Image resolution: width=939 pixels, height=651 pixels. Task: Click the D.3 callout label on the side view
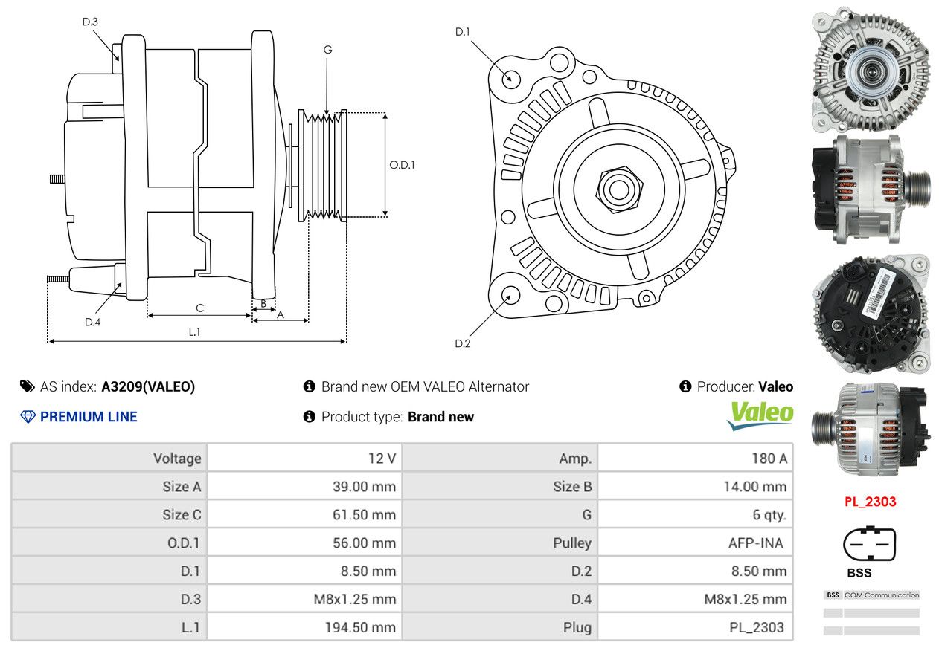90,22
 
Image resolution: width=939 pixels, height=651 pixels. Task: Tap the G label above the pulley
328,50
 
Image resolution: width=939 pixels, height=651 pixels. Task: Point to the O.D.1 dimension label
402,165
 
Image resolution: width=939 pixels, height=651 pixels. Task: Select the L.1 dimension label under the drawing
194,332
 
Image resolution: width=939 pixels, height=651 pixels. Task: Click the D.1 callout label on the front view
463,32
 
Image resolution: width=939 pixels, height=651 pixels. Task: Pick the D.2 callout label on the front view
463,344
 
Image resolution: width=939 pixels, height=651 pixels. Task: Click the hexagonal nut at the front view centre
619,190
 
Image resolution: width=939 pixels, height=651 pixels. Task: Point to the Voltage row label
177,459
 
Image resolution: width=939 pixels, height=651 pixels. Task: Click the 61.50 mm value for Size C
365,514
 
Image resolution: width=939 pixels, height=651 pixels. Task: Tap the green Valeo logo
760,415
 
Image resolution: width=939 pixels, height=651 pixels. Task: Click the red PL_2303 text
871,501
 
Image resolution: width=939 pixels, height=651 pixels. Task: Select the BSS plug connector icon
869,544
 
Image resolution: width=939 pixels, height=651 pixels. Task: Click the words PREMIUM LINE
89,417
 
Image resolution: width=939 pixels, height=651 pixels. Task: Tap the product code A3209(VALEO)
148,386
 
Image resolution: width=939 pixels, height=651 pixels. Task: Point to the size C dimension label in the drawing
200,308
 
